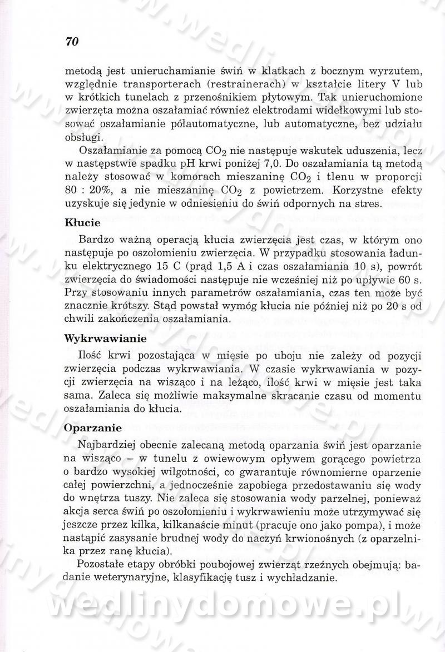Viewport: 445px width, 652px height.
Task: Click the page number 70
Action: click(x=72, y=42)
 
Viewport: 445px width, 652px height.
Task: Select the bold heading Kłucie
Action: click(x=82, y=223)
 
